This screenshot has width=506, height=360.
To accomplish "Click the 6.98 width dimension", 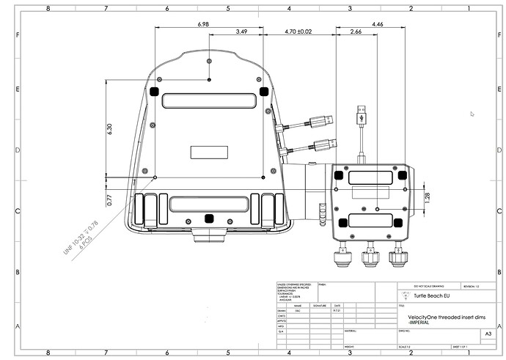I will pyautogui.click(x=204, y=24).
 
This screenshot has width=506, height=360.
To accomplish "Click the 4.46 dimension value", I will pyautogui.click(x=377, y=24).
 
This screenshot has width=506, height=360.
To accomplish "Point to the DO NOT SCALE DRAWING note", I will pyautogui.click(x=416, y=285).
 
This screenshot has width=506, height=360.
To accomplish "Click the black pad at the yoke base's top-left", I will pyautogui.click(x=155, y=92).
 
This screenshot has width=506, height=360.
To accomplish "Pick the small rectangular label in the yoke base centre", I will pyautogui.click(x=209, y=152).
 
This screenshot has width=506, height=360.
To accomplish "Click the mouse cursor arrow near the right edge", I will pyautogui.click(x=472, y=114).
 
